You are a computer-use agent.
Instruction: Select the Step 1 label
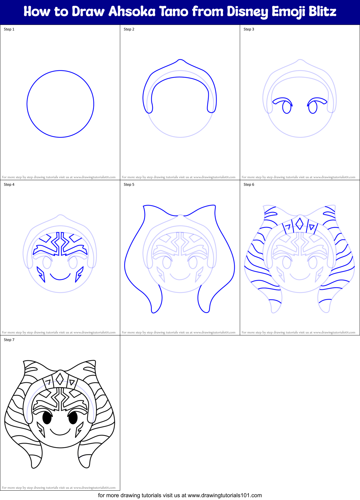[9, 29]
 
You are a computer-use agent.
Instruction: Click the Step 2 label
[129, 29]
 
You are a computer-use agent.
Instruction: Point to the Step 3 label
[249, 29]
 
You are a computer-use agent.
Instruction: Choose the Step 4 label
[9, 185]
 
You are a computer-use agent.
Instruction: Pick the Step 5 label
[129, 185]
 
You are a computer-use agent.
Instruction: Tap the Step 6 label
[249, 185]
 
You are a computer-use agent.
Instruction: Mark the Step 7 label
[9, 340]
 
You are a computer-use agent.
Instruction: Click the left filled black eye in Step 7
[47, 418]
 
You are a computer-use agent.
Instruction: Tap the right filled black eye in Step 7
[73, 418]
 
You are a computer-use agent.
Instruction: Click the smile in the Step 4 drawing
[60, 277]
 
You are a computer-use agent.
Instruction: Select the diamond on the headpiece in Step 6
[299, 224]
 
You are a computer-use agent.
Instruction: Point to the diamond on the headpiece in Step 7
[60, 379]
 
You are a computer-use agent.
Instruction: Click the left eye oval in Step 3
[287, 108]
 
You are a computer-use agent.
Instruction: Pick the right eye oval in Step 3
[313, 108]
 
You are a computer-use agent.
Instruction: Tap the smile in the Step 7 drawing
[60, 432]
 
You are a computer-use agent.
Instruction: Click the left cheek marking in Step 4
[41, 274]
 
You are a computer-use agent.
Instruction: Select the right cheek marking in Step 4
[79, 274]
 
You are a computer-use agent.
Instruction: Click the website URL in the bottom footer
[225, 495]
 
